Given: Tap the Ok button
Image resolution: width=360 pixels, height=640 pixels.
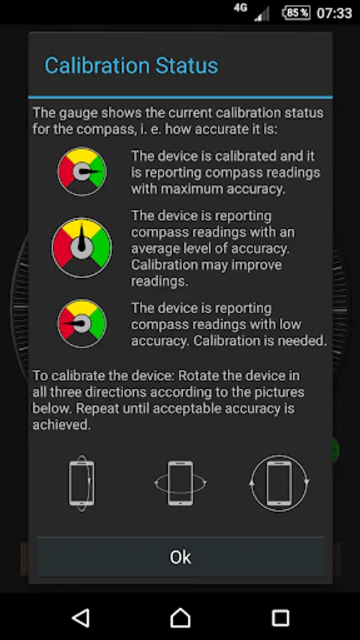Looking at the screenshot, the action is (181, 557).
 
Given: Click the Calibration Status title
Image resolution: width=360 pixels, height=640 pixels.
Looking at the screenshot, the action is (132, 65).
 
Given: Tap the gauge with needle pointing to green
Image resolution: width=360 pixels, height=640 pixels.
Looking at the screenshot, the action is (82, 171).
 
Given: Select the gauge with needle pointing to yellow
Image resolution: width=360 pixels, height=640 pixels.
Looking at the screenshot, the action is (82, 247).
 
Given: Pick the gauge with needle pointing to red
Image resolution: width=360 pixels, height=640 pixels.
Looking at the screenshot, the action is (82, 324).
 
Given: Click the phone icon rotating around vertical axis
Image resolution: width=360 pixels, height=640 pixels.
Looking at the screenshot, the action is (82, 484).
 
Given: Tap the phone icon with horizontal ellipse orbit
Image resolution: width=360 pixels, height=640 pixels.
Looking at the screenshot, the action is (181, 484).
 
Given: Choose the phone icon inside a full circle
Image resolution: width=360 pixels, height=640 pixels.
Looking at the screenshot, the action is (279, 484).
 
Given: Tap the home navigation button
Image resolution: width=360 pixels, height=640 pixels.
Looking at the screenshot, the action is (181, 618).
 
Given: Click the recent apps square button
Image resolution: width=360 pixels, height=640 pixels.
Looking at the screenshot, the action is (280, 618).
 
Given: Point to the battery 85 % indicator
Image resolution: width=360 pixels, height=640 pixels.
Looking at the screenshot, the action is (297, 13).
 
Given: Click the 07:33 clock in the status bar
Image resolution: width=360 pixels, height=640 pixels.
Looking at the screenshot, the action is (334, 13).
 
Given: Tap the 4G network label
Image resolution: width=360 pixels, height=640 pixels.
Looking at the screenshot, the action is (240, 8).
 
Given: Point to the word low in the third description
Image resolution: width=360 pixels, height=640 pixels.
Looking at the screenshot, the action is (289, 324).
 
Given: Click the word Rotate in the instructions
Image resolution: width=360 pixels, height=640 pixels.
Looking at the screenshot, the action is (198, 375).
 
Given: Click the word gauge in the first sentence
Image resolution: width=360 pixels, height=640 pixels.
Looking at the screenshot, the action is (78, 113).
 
